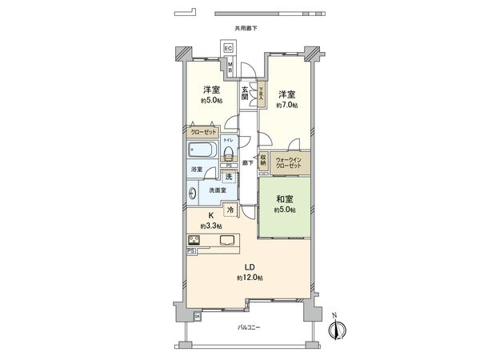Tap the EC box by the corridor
(228, 50)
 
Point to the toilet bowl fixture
(228, 154)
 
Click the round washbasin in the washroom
(193, 192)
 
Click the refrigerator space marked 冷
(230, 210)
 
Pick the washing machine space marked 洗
(229, 176)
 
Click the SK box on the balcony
(197, 318)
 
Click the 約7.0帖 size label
(288, 105)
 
